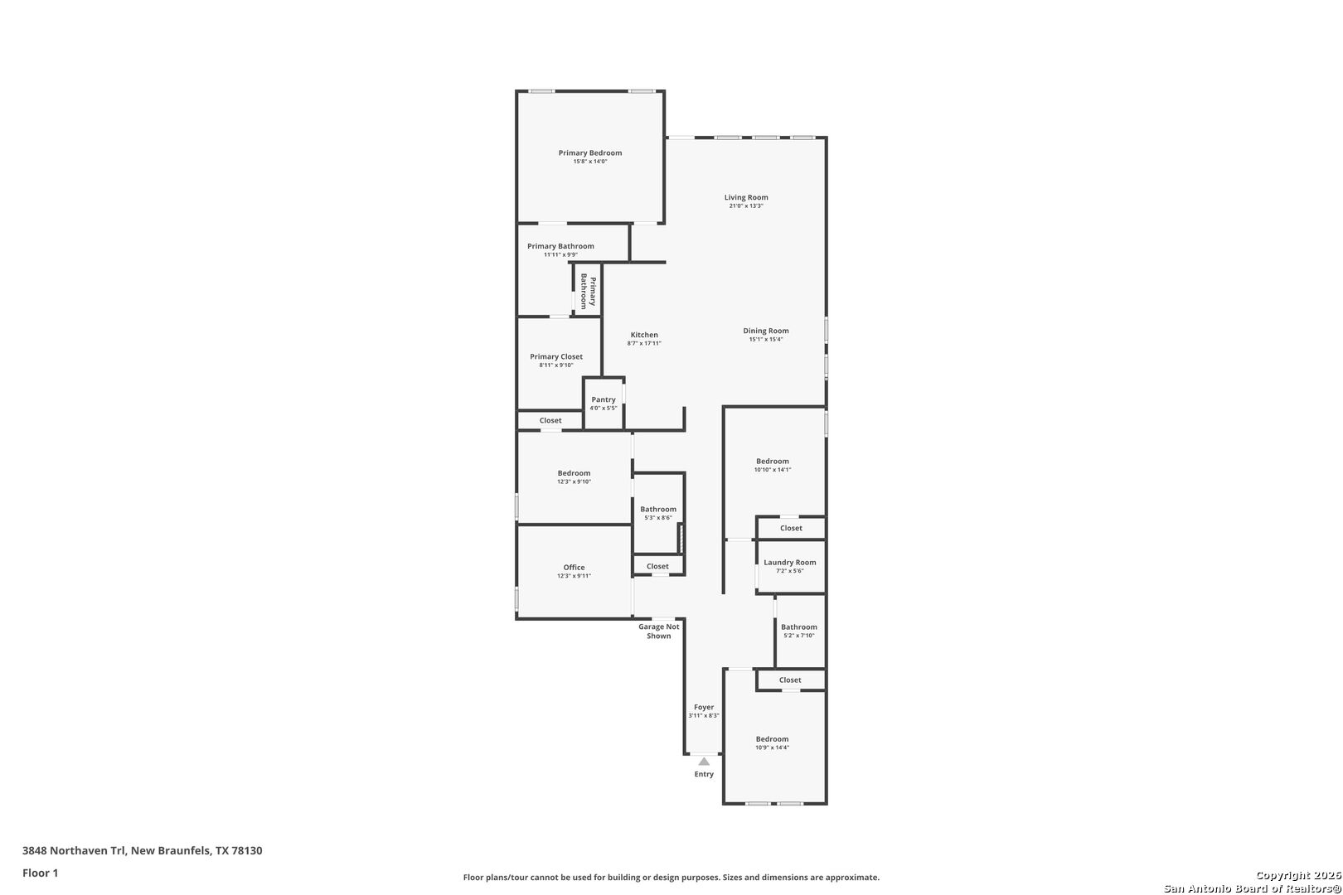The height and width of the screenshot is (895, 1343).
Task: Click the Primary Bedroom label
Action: tap(589, 153)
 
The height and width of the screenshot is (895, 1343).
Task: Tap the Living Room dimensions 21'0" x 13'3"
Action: tap(746, 206)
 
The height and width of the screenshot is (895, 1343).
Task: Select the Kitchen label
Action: tap(644, 336)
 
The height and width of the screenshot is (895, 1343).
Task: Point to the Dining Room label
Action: tap(765, 331)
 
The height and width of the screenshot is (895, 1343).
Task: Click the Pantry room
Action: tap(604, 404)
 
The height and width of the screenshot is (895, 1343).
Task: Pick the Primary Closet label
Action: tap(556, 357)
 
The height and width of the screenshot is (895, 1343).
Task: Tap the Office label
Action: tap(574, 568)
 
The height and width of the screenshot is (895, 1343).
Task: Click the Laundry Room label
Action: tap(789, 563)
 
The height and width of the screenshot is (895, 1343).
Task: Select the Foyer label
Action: tap(704, 708)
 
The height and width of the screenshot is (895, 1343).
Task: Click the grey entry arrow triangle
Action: tap(704, 762)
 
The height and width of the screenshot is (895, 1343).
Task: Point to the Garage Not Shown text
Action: tap(659, 631)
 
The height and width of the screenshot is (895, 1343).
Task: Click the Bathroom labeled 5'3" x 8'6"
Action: tap(658, 513)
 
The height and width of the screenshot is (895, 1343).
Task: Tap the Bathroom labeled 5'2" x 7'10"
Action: tap(798, 631)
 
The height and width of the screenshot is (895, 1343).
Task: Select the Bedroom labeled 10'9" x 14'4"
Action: tap(772, 743)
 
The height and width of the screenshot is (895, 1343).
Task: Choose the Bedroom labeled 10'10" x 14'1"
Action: tap(773, 465)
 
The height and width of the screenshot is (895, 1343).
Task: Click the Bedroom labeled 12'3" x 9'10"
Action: tap(574, 477)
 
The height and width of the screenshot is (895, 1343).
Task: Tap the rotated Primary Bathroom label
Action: tap(588, 292)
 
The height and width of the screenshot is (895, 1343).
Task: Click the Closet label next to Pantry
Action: tap(550, 421)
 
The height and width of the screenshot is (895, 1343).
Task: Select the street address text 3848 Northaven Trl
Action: tap(75, 851)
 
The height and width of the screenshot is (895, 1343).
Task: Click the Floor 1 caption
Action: tap(41, 873)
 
